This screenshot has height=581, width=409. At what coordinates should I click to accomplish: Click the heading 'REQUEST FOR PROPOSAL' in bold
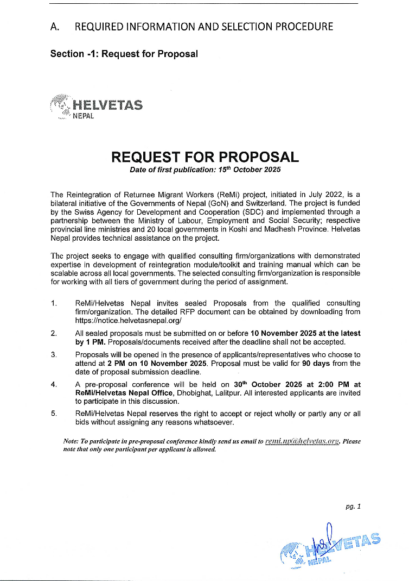(x=204, y=157)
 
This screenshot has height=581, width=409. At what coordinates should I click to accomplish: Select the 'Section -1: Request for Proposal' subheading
(x=124, y=54)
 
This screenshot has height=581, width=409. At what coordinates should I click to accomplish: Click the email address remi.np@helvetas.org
(x=302, y=441)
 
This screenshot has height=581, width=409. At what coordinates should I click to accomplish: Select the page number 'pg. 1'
(x=353, y=506)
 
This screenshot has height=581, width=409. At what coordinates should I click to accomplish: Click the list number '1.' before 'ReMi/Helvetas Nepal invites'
(x=54, y=303)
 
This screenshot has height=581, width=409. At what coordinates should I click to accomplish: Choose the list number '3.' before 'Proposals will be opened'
(x=54, y=355)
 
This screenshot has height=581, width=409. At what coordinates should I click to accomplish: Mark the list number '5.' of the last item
(x=54, y=414)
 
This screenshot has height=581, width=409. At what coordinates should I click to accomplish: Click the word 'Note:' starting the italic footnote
(x=71, y=441)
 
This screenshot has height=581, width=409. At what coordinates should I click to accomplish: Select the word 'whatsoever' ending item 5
(x=215, y=422)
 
